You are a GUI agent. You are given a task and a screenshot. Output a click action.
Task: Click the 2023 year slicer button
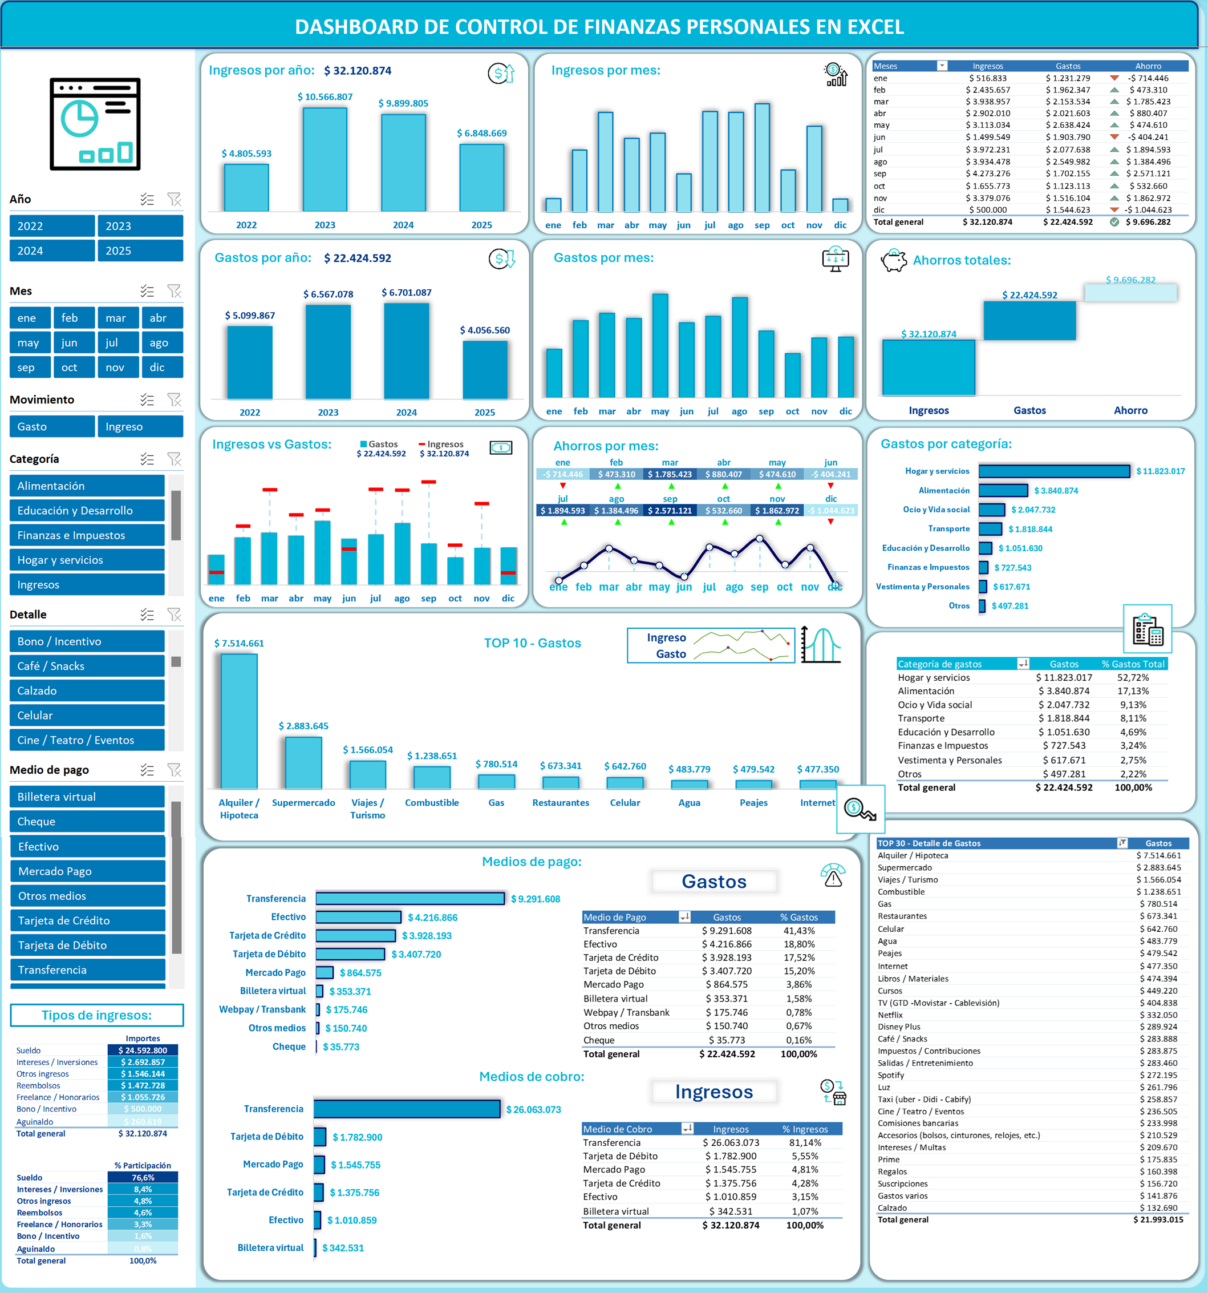click(x=140, y=226)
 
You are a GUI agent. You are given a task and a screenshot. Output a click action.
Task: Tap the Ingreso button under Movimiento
click(x=140, y=427)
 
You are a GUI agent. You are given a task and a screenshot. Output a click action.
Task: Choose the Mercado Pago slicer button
click(x=87, y=871)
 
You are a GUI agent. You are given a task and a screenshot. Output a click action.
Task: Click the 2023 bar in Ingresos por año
click(x=325, y=159)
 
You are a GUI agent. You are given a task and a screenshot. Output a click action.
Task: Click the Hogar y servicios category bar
click(x=1053, y=471)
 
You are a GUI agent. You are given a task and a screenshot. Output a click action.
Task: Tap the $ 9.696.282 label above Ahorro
click(x=1130, y=280)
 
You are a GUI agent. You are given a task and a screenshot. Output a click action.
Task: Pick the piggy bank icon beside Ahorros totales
click(x=893, y=260)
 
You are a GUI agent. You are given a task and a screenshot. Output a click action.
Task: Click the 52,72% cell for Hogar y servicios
click(x=1133, y=677)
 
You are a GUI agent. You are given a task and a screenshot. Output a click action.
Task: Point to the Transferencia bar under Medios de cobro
click(x=406, y=1109)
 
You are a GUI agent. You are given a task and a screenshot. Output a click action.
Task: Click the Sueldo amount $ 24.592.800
click(x=143, y=1050)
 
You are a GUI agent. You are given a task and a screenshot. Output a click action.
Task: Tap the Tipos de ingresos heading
click(x=96, y=1015)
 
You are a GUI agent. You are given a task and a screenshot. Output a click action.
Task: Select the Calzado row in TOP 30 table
click(x=1030, y=1208)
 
